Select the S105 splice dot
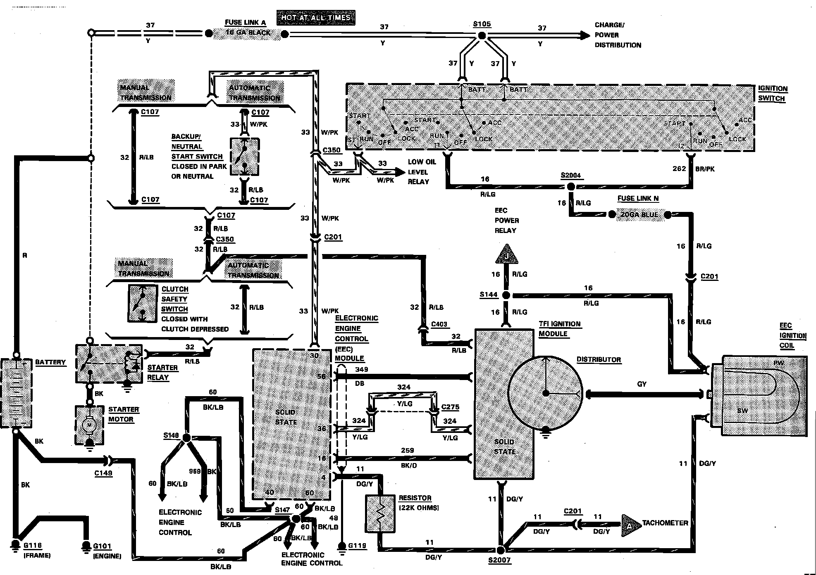(x=482, y=36)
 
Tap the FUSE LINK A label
(x=245, y=23)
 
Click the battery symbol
(x=16, y=392)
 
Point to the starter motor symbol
(x=89, y=425)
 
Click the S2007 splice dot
(x=500, y=550)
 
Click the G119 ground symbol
(x=342, y=546)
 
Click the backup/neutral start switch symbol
(x=244, y=157)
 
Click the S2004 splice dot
(x=570, y=187)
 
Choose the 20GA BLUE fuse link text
(x=640, y=215)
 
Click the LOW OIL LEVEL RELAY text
(x=422, y=172)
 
